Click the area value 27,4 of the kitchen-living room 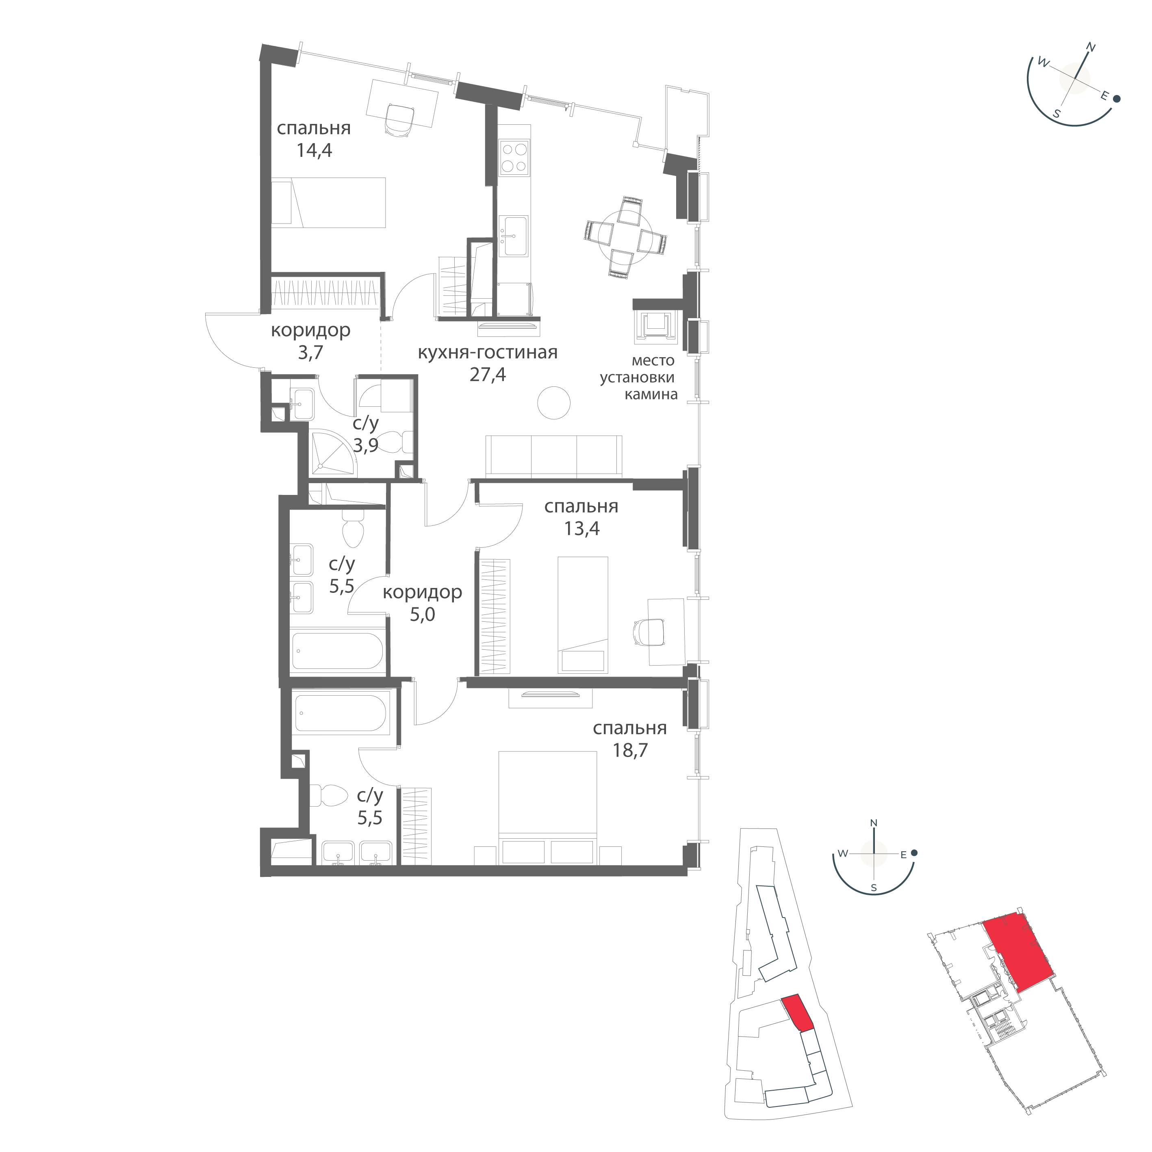487,375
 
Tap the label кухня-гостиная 487,352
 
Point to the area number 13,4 581,528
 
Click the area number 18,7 630,750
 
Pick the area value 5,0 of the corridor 422,614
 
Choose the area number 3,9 366,445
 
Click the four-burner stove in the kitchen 513,158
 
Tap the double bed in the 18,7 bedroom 547,789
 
